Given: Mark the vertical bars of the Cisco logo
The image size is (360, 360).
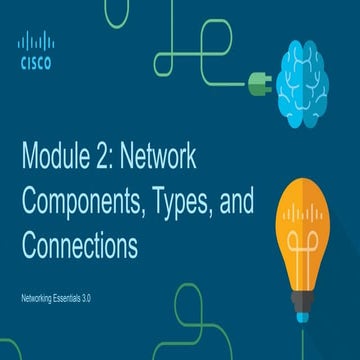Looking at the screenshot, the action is [x=35, y=41].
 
